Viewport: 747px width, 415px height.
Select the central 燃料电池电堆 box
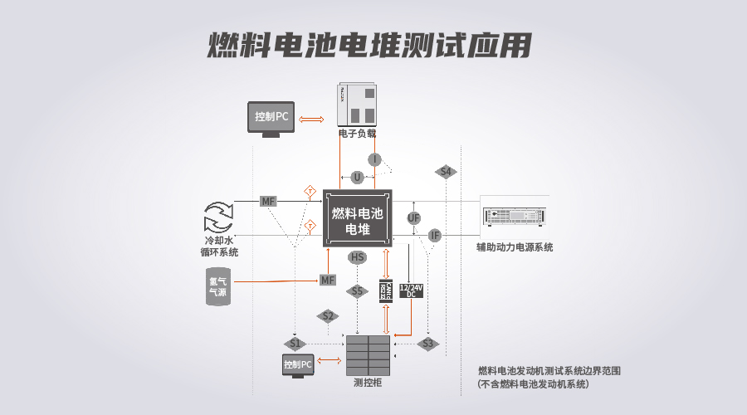tap(357, 218)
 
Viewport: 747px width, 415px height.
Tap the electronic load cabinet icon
tap(358, 105)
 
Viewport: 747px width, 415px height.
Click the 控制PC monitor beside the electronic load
tap(271, 118)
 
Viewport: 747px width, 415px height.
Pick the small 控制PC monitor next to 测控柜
tap(297, 364)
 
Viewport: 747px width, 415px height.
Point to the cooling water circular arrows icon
tap(219, 217)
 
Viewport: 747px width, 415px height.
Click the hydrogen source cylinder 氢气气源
tap(218, 286)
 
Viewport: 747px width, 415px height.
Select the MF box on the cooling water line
tap(268, 202)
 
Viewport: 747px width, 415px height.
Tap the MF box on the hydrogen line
tap(328, 281)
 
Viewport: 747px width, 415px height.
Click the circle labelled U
tap(357, 177)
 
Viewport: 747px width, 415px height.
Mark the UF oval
tap(414, 218)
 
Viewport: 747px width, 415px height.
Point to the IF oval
tap(435, 236)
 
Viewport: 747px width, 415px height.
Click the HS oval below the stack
tap(357, 257)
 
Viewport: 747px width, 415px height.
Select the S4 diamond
tap(446, 172)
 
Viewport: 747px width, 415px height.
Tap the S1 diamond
tap(295, 344)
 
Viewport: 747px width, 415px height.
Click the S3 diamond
tap(427, 343)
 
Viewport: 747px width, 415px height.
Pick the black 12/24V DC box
tap(412, 290)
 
